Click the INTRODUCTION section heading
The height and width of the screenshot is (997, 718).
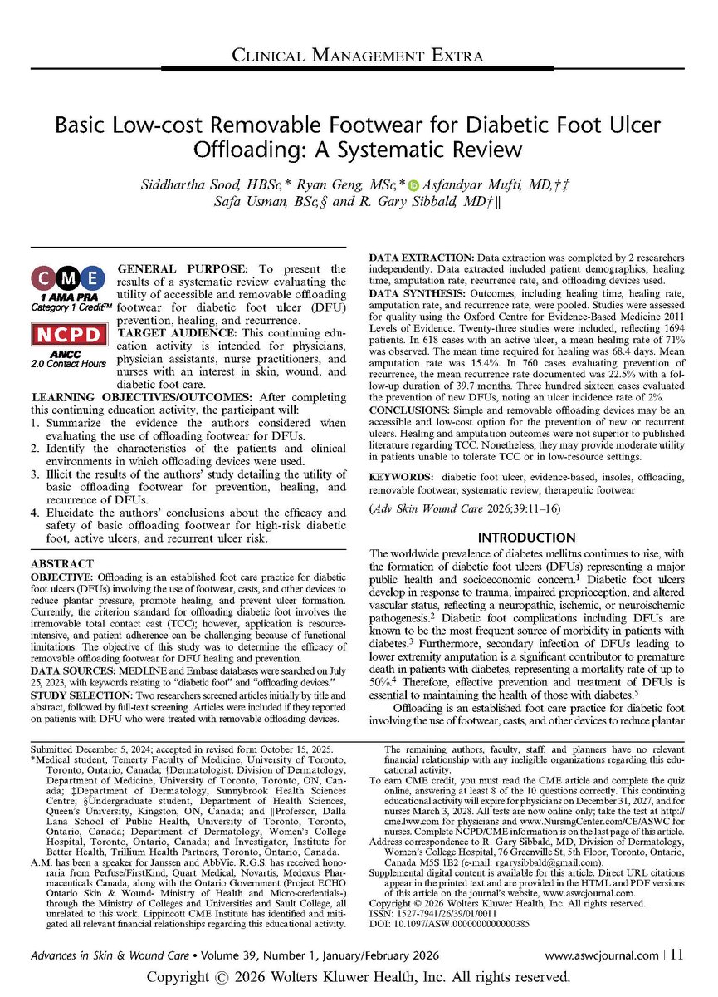[527, 538]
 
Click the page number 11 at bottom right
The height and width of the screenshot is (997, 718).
[676, 955]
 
